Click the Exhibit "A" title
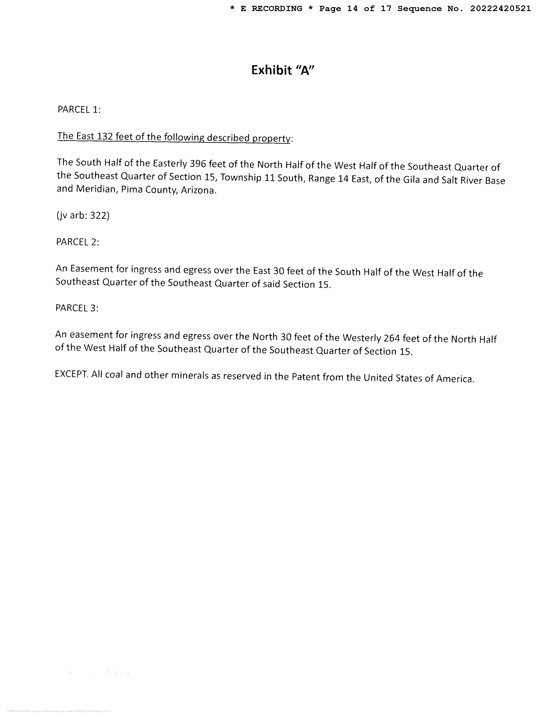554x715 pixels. pos(283,70)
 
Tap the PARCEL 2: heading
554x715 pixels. pos(78,242)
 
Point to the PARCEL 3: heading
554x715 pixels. pos(77,308)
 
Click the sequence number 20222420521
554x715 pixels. pos(500,9)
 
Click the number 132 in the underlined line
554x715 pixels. pos(105,136)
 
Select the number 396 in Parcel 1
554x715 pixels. pos(198,163)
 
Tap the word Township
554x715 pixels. pos(241,178)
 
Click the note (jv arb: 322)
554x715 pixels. pos(83,216)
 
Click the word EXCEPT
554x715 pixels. pos(71,374)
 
